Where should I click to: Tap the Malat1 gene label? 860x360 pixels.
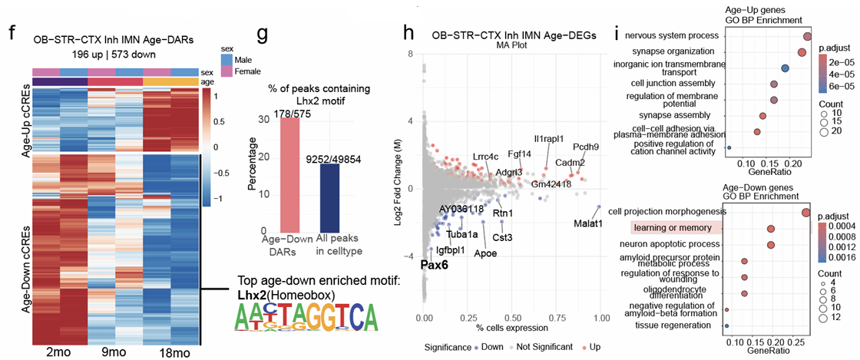[x=587, y=223]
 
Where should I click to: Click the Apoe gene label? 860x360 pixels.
[x=484, y=253]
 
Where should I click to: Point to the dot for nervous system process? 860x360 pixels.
[x=807, y=36]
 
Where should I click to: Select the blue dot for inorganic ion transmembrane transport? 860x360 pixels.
[x=785, y=68]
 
